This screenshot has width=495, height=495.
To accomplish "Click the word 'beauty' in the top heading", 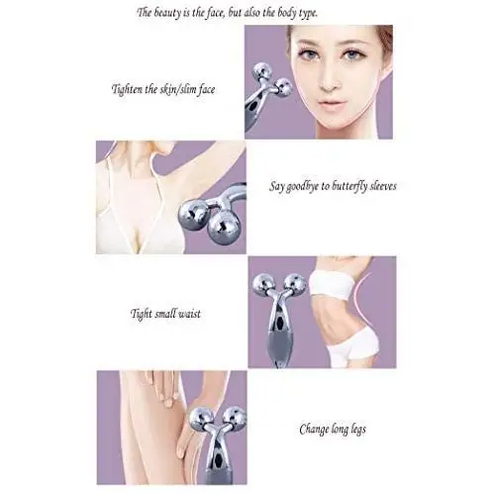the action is [167, 14].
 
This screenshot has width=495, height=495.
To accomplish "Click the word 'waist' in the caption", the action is [189, 313].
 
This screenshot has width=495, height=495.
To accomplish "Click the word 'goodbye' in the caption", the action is [304, 187].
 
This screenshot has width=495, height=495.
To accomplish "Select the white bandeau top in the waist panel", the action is [332, 284].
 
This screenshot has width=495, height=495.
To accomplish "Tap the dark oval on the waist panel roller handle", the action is [280, 323].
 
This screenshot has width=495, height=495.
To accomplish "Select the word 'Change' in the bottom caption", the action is [315, 430].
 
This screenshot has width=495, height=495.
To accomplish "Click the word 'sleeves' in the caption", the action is [383, 186].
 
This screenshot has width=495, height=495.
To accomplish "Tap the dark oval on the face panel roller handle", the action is [252, 106].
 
